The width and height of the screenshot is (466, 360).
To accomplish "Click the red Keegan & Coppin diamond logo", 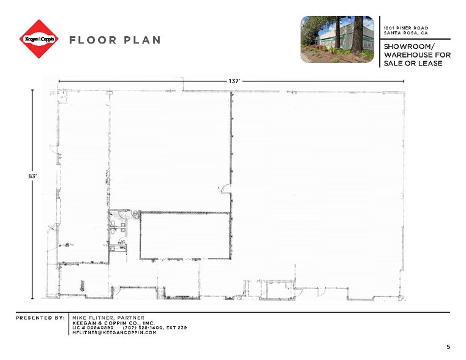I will point(39,39).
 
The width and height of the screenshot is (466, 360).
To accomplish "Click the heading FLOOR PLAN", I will point(115,40).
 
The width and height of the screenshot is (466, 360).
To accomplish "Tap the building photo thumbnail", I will point(337,39).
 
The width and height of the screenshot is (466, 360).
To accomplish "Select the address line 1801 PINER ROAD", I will point(405,28).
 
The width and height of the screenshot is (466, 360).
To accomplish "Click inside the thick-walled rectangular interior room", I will point(185,236).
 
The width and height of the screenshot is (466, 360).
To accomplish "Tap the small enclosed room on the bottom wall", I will point(274,290).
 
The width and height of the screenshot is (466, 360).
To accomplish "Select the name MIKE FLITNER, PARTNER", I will point(108,318).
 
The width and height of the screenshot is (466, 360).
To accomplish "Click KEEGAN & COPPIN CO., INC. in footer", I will point(113,323).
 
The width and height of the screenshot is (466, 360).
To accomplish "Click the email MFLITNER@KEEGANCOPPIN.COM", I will point(115,332).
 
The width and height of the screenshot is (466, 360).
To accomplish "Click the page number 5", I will point(448,347).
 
